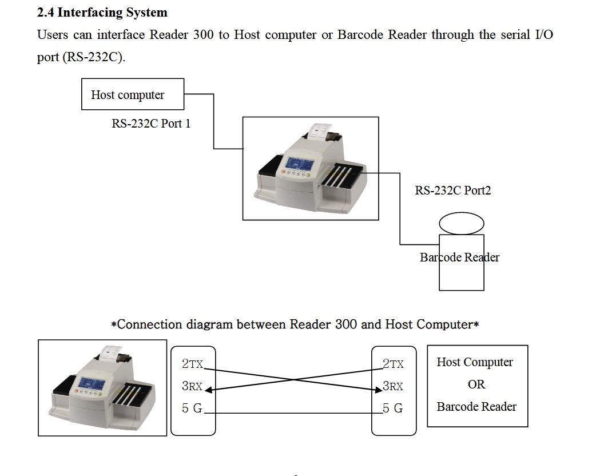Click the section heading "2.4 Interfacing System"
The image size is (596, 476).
102,12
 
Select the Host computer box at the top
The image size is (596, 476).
133,94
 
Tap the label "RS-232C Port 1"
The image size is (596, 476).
151,124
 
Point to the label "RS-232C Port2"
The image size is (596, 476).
452,191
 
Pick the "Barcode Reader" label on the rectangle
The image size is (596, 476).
459,257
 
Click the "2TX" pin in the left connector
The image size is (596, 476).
192,364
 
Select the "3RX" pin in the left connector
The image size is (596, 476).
192,386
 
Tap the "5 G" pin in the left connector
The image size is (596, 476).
192,408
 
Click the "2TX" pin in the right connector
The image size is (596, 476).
393,364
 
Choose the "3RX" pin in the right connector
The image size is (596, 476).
393,386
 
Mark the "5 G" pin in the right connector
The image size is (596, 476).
393,408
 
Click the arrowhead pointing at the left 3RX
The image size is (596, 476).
208,391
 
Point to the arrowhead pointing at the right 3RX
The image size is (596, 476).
378,391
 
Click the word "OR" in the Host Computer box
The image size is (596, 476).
476,384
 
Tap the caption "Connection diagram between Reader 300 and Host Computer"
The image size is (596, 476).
295,325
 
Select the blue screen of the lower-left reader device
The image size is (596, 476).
92,384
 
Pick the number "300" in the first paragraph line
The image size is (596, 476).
204,34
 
